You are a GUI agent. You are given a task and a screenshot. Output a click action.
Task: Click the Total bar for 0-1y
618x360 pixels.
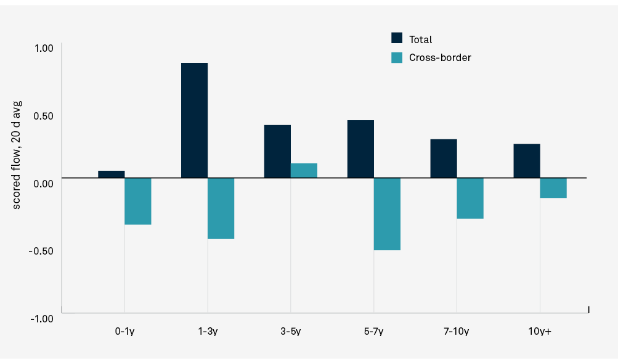click(x=111, y=174)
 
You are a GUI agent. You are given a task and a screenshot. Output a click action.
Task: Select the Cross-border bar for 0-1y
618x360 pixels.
click(x=138, y=201)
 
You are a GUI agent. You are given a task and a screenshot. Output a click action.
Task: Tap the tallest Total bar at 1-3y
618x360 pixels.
click(x=194, y=120)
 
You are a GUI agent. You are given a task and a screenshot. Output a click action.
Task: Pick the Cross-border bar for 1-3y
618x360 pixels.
click(x=221, y=208)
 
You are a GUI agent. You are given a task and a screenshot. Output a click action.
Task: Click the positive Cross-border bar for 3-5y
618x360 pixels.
click(x=304, y=171)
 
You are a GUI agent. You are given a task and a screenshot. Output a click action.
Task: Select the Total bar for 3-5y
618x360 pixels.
click(x=277, y=152)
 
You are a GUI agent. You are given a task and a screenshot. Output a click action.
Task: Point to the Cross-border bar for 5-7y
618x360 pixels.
click(x=387, y=214)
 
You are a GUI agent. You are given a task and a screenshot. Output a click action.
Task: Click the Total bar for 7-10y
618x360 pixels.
click(x=443, y=158)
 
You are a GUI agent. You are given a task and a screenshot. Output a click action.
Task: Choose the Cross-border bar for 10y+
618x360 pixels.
click(x=553, y=188)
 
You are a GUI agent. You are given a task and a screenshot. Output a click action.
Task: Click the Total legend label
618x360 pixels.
click(x=420, y=39)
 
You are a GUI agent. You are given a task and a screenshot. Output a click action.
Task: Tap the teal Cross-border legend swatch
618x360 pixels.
click(x=397, y=57)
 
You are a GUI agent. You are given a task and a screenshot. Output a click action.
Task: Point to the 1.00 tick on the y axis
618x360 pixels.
click(x=43, y=48)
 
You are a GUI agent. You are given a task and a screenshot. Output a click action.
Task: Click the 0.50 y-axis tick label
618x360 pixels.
click(x=43, y=116)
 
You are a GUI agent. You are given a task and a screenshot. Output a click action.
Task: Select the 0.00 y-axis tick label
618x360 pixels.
click(x=43, y=183)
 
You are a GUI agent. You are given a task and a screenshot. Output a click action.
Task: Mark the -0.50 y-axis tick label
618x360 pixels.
click(x=42, y=251)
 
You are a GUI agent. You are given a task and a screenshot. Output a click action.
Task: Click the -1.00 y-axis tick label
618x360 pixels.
click(x=42, y=318)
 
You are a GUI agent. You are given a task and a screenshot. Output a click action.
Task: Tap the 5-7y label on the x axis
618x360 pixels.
click(x=373, y=332)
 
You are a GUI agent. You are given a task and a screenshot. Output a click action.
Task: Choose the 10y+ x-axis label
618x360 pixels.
click(x=540, y=332)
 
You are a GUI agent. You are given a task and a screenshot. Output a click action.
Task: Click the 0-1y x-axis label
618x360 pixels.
click(x=124, y=332)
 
